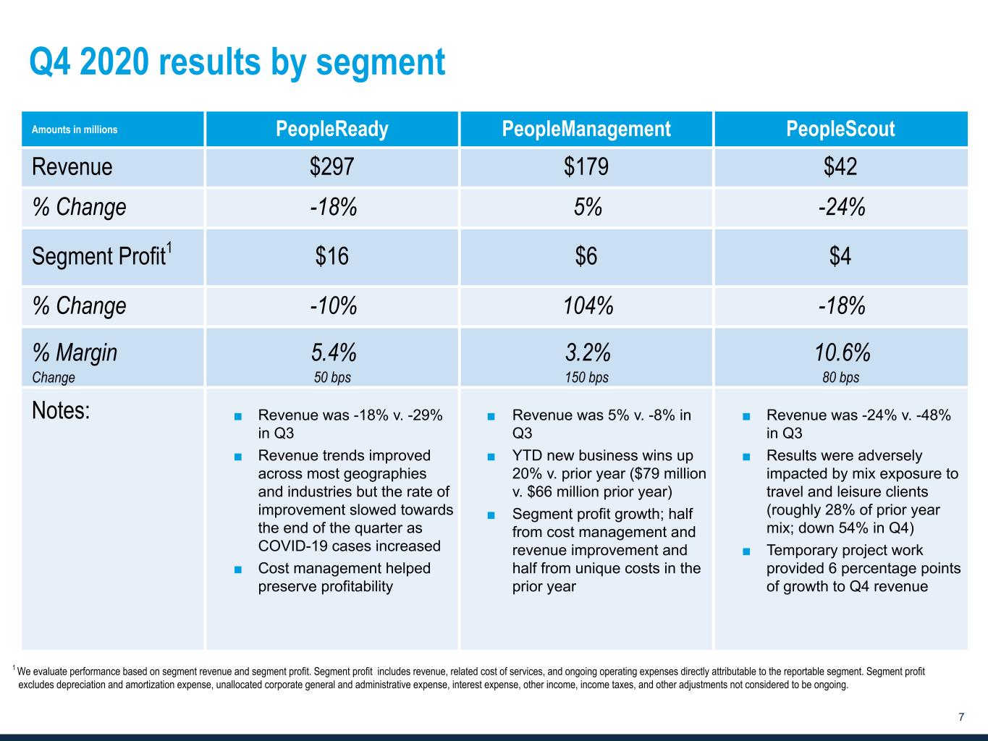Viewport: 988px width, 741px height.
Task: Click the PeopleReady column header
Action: [x=332, y=130]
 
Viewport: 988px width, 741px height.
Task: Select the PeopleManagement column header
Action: [x=586, y=130]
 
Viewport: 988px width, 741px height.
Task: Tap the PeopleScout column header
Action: [x=840, y=130]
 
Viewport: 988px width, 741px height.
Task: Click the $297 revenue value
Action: [x=332, y=167]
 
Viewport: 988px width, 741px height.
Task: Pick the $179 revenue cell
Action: [x=586, y=167]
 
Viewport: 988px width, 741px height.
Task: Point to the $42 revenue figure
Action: [x=840, y=167]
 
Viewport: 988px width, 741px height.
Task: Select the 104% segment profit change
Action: [x=588, y=306]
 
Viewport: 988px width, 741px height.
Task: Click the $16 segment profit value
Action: [x=332, y=256]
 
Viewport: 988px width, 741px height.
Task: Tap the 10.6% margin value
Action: [x=842, y=352]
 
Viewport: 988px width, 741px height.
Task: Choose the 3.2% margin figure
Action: [x=588, y=352]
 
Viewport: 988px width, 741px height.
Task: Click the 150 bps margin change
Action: [x=587, y=377]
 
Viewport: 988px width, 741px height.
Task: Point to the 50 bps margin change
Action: [x=332, y=377]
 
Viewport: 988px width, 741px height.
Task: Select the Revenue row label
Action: [x=72, y=167]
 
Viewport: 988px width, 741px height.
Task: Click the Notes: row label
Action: [x=62, y=411]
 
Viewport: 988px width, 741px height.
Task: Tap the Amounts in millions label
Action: [x=75, y=130]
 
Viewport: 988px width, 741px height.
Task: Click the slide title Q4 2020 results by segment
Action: [x=237, y=62]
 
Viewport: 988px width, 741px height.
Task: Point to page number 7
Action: [x=961, y=717]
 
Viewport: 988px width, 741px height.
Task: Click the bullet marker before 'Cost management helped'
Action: [x=238, y=569]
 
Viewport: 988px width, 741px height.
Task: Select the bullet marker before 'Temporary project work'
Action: [x=746, y=551]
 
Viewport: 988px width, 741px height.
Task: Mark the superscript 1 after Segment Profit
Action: [x=169, y=248]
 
